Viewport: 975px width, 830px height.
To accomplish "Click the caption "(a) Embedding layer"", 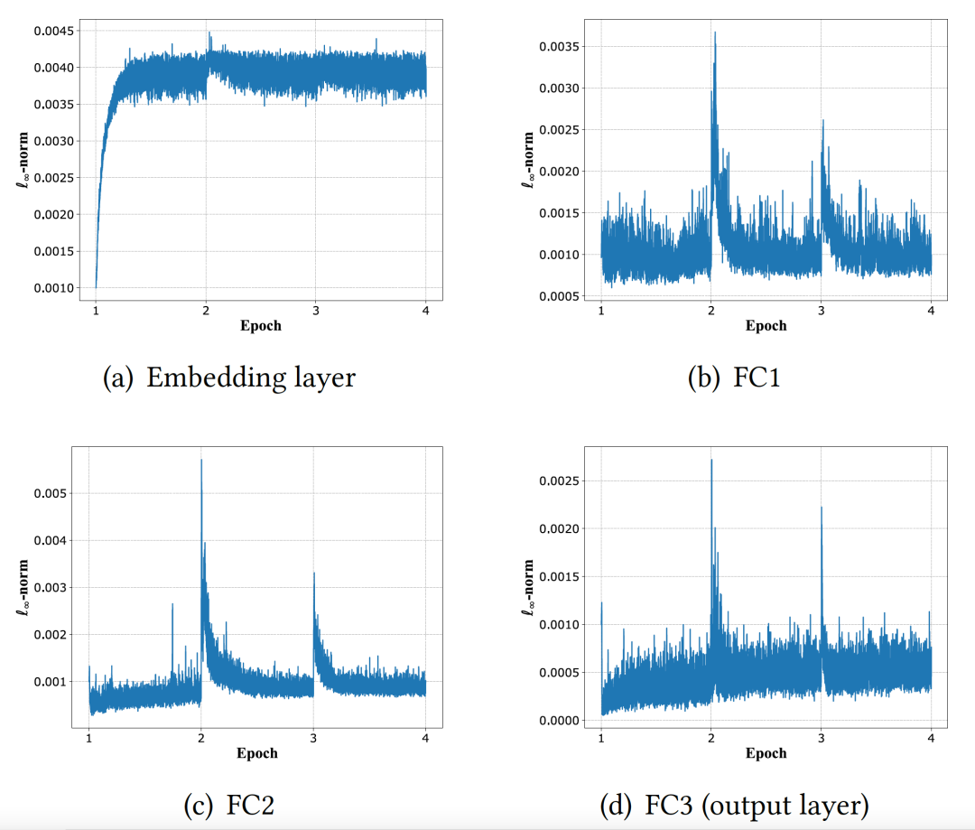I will tap(229, 377).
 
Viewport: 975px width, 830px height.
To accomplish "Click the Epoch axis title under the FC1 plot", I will tap(766, 326).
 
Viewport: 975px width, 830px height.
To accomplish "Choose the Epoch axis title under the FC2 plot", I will tap(257, 752).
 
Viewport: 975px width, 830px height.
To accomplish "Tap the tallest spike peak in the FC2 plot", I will tap(201, 461).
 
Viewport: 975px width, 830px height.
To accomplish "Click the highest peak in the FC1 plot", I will tap(715, 33).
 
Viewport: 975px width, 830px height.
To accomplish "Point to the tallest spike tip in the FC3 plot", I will tap(711, 460).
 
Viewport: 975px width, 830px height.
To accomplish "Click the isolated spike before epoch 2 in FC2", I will tap(172, 605).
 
